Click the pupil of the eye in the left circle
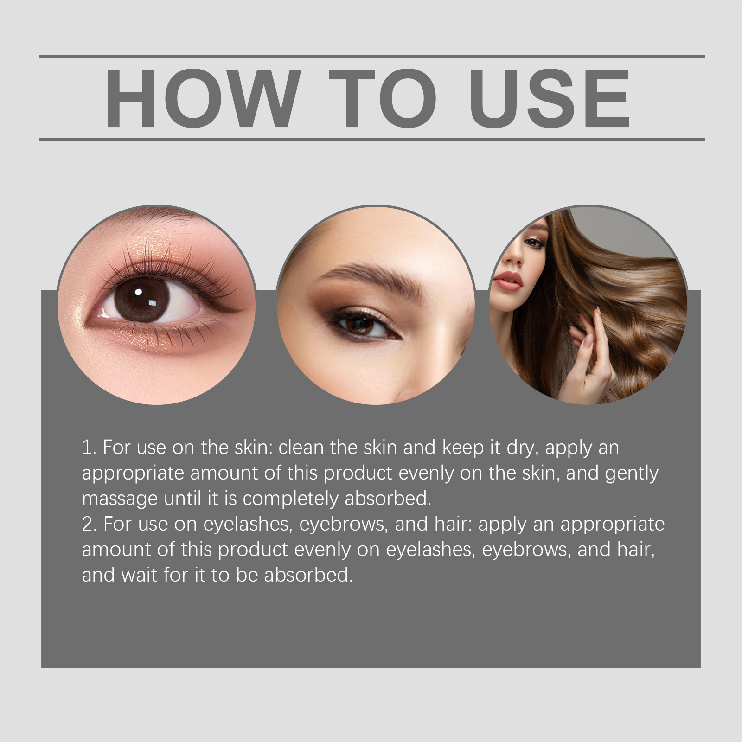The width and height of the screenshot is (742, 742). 142,299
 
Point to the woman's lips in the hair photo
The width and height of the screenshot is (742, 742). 508,280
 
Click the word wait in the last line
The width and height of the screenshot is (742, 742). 140,576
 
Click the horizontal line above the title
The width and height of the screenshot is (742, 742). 372,57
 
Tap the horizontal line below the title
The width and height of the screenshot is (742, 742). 372,139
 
